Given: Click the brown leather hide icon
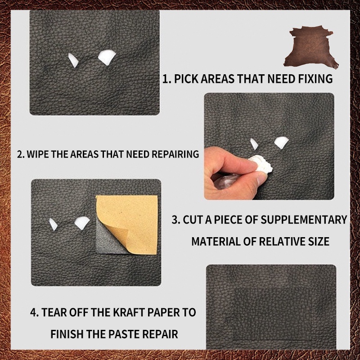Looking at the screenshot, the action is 310,47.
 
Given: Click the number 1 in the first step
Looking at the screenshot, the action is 165,79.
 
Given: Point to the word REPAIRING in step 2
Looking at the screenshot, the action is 175,154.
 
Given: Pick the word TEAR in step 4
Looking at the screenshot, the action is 54,312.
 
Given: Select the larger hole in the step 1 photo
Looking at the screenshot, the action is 107,57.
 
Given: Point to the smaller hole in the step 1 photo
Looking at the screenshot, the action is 73,60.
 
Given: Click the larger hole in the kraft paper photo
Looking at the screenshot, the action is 82,222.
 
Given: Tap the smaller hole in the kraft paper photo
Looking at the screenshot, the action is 53,224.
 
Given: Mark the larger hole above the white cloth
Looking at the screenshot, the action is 281,142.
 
